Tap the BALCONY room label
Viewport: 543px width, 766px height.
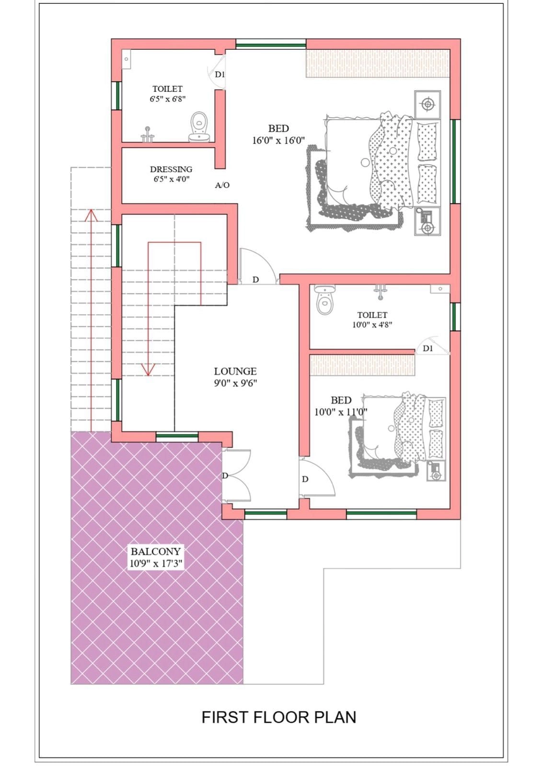(x=155, y=551)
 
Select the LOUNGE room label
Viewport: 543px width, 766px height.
(x=235, y=371)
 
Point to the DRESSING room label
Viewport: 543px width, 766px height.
(x=171, y=169)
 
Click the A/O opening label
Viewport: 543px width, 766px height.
(x=222, y=185)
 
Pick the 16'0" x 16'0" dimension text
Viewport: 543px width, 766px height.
(x=278, y=140)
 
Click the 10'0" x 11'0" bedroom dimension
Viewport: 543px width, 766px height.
(x=341, y=412)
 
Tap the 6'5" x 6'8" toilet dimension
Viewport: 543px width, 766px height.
(x=167, y=99)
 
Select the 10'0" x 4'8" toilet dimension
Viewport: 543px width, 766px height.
(x=372, y=325)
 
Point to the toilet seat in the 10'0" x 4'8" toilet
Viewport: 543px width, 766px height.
(x=323, y=300)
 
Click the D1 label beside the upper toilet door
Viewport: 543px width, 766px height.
(x=220, y=74)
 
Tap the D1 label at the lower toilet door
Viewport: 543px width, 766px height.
(x=428, y=349)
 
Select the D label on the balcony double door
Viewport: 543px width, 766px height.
(x=225, y=476)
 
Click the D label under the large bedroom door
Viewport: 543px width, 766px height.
(x=255, y=280)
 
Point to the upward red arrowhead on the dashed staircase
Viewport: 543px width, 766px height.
(x=91, y=215)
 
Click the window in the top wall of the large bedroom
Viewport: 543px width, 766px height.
(x=271, y=45)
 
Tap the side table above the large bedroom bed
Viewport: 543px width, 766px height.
(x=427, y=104)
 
